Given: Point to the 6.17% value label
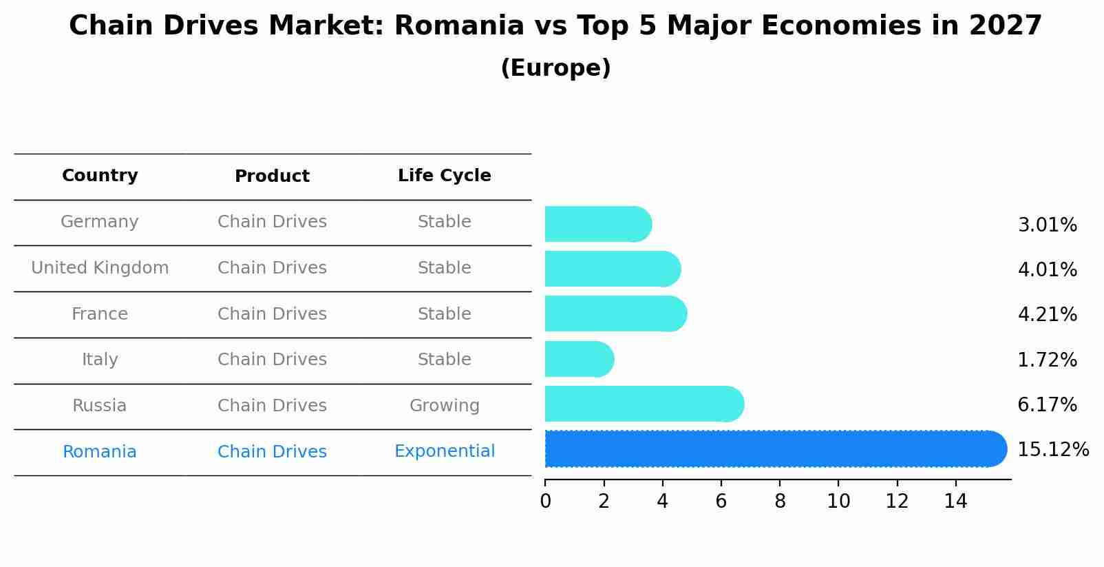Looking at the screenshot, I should pyautogui.click(x=1047, y=404).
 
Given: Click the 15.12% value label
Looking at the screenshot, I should pyautogui.click(x=1052, y=449).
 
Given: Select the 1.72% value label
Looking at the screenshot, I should pyautogui.click(x=1047, y=360).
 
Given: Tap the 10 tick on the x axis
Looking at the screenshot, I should pyautogui.click(x=838, y=502).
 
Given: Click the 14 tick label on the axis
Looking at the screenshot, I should pyautogui.click(x=955, y=502).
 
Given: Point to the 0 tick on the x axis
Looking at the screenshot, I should pyautogui.click(x=545, y=502).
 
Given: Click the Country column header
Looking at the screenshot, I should pyautogui.click(x=100, y=176).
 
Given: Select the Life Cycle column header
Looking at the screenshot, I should pyautogui.click(x=444, y=176).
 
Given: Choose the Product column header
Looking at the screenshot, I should pyautogui.click(x=272, y=176).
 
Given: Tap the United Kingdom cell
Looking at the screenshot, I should pyautogui.click(x=100, y=268).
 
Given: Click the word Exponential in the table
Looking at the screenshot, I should pyautogui.click(x=444, y=451).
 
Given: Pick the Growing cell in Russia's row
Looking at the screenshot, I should pyautogui.click(x=444, y=406).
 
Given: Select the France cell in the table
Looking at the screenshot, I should pyautogui.click(x=100, y=314).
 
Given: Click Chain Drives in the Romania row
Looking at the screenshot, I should pyautogui.click(x=272, y=452).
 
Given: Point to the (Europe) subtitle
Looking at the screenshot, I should pyautogui.click(x=555, y=68).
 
